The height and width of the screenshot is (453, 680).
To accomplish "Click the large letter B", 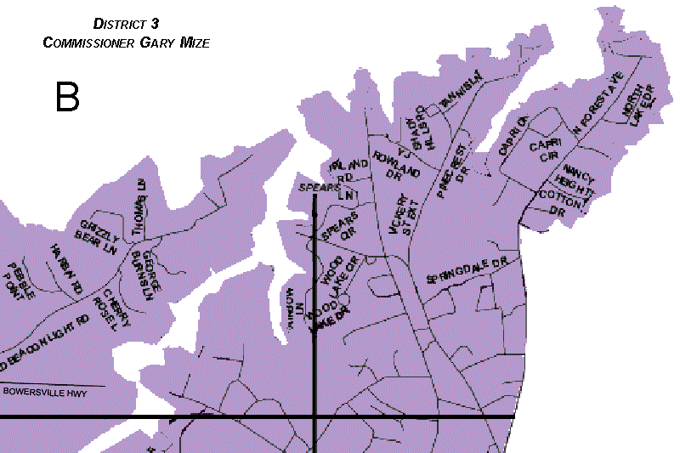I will [x=67, y=97].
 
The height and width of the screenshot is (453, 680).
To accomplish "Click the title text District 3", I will [x=126, y=25].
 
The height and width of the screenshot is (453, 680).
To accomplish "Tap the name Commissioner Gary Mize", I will [x=126, y=42].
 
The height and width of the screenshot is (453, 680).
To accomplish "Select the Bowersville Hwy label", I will [x=52, y=391].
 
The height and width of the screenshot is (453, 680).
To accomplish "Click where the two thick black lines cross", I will [x=315, y=417].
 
